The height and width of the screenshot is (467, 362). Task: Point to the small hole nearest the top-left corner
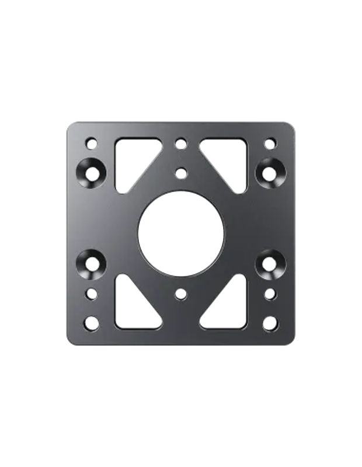[91, 142]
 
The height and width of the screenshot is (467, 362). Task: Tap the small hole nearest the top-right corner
[270, 142]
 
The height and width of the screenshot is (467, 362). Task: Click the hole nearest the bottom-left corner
[92, 322]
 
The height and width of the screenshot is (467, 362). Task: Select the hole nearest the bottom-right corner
[270, 322]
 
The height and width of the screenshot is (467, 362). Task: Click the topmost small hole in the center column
[181, 142]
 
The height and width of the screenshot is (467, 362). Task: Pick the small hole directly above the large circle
[181, 172]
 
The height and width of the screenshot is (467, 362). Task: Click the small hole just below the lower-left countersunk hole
[92, 294]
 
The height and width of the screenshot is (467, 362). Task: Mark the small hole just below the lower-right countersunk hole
[270, 294]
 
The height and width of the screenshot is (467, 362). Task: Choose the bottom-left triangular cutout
[131, 306]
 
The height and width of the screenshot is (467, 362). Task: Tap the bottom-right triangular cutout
[231, 306]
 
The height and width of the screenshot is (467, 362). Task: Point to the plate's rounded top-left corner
[68, 125]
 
